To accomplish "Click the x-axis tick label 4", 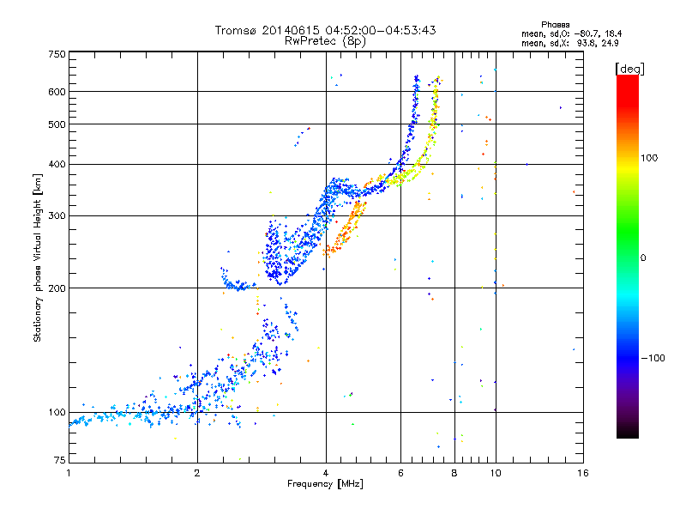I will coord(326,472).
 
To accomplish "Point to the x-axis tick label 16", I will coord(582,472).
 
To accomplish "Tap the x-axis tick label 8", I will coord(454,472).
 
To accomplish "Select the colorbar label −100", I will coord(653,358).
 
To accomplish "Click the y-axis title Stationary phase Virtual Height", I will coord(38,257).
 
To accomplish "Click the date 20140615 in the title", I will coord(288,30).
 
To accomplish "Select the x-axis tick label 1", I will coord(69,472).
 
